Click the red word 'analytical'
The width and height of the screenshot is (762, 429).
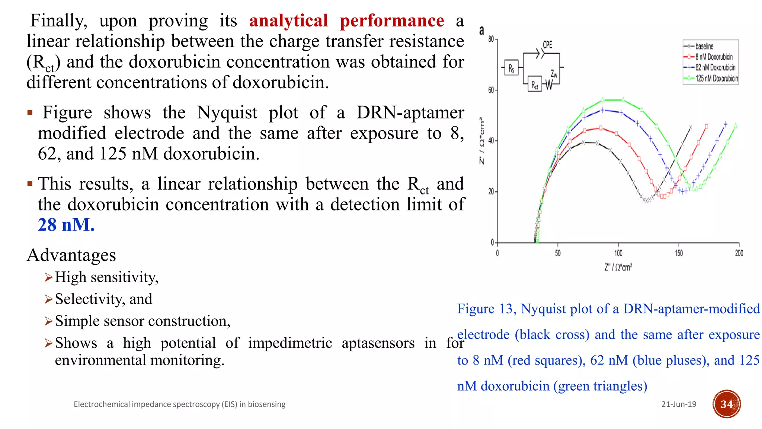pos(288,21)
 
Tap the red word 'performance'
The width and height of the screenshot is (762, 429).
pos(392,21)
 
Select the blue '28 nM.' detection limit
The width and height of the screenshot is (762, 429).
pos(66,225)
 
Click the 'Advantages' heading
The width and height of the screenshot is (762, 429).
pos(71,255)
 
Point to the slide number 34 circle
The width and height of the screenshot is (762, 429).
pos(726,404)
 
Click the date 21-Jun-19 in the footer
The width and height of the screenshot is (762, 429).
pos(679,404)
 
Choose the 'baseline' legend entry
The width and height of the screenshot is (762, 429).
pos(704,47)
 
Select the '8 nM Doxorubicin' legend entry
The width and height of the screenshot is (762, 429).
pos(714,57)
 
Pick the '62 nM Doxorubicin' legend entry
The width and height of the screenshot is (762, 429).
pos(715,68)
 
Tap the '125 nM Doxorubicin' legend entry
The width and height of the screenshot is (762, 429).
pos(716,79)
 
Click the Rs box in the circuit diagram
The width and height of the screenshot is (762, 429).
pos(511,68)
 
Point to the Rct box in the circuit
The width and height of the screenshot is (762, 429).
pos(535,85)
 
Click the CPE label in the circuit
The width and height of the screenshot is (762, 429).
pos(547,45)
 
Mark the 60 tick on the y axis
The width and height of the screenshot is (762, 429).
pos(491,90)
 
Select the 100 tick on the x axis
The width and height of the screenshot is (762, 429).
pos(618,253)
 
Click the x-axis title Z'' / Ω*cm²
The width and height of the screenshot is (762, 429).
pos(618,267)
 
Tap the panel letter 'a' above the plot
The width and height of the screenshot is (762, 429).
pos(482,31)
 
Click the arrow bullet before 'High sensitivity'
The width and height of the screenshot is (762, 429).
pos(48,277)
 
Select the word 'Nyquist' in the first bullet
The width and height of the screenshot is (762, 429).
pos(227,112)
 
